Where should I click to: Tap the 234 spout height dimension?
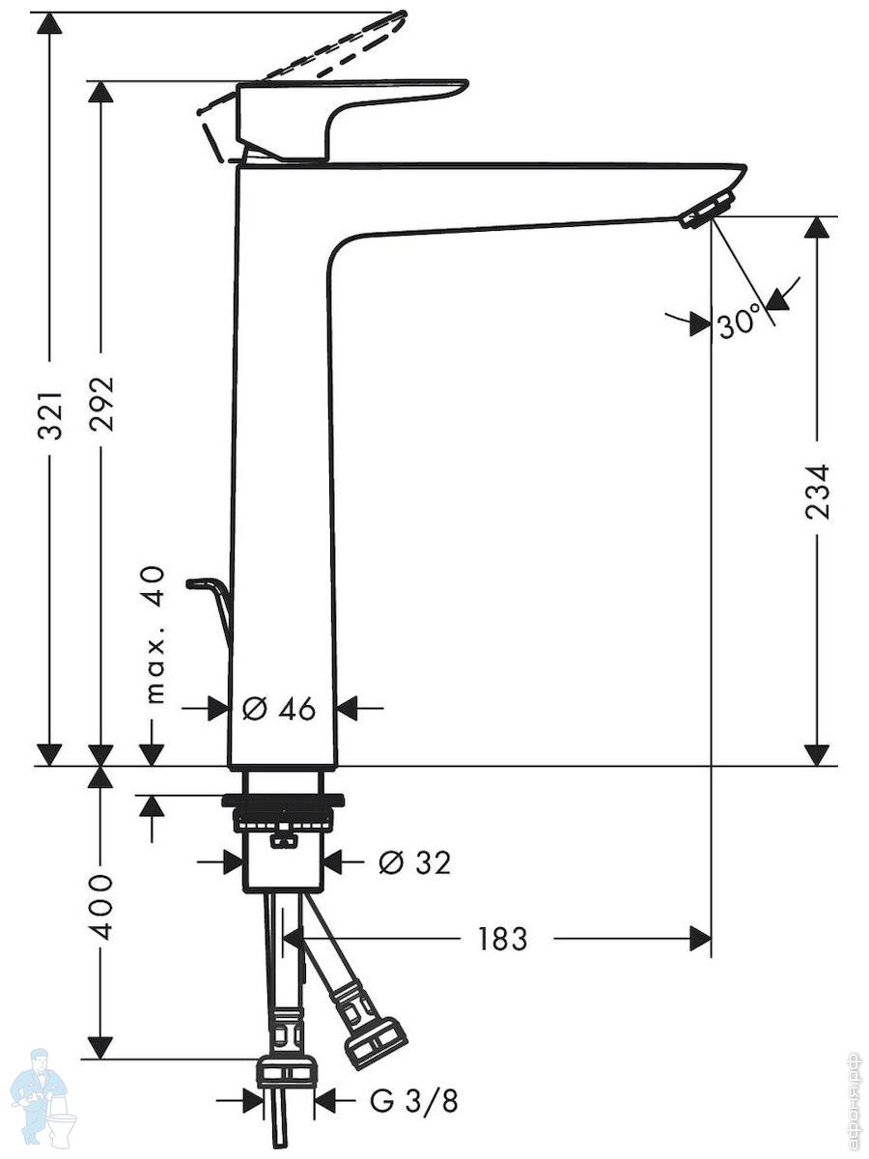pyautogui.click(x=817, y=493)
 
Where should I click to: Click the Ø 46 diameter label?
pyautogui.click(x=279, y=709)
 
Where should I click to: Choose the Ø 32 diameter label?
pyautogui.click(x=415, y=862)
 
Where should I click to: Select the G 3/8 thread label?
pyautogui.click(x=413, y=1101)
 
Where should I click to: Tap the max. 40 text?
pyautogui.click(x=154, y=636)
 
